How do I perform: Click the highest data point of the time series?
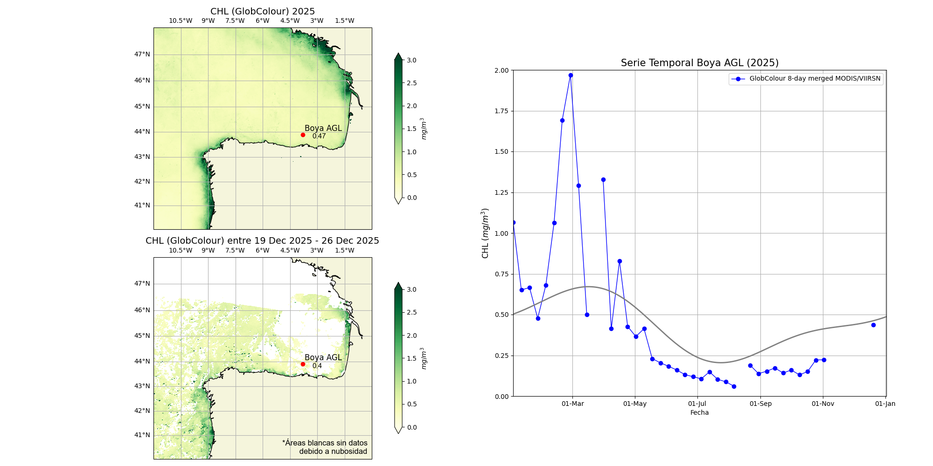point(571,75)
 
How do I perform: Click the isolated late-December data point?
point(873,325)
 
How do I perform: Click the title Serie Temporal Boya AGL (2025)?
point(699,63)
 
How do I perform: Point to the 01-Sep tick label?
point(760,404)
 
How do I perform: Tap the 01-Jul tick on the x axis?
point(697,404)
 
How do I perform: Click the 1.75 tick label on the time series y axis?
point(501,111)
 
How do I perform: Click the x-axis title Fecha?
point(699,412)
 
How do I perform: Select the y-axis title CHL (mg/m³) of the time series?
point(485,233)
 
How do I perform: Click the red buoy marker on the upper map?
point(303,135)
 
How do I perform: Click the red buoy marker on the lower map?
point(303,364)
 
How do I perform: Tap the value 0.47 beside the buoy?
point(319,136)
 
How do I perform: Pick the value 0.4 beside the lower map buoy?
point(317,366)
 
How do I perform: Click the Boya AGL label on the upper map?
point(323,128)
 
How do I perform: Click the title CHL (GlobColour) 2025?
point(263,11)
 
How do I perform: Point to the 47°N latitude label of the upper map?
point(142,54)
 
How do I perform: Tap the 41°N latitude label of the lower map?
point(142,435)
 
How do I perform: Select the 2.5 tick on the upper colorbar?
point(411,83)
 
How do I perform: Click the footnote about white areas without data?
point(325,447)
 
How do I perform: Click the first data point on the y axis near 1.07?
point(514,222)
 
